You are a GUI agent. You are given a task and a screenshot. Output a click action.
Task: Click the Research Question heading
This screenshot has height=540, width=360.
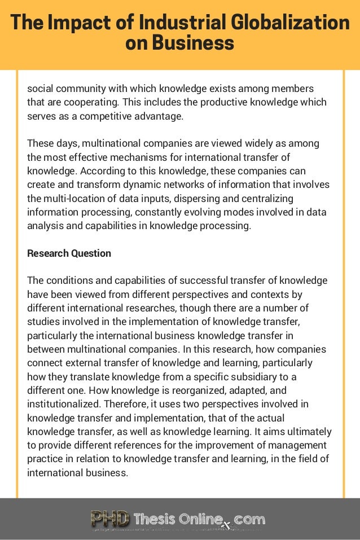(x=69, y=253)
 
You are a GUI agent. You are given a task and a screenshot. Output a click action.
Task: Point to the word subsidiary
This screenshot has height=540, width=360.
(x=246, y=377)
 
